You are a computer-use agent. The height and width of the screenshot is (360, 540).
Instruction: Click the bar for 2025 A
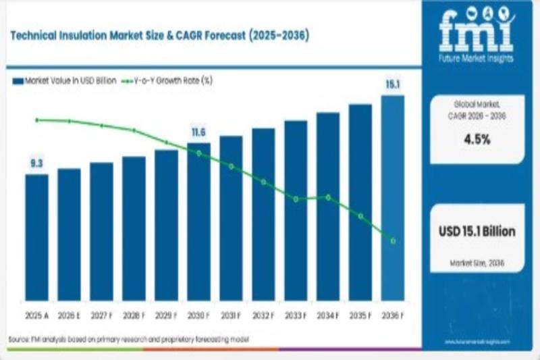[37, 237]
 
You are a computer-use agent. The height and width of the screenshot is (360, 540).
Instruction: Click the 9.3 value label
[36, 163]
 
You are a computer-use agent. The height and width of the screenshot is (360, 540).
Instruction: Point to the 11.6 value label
[198, 132]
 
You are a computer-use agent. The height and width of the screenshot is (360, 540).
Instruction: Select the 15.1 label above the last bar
[393, 84]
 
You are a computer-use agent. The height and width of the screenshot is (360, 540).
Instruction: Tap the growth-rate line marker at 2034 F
[328, 197]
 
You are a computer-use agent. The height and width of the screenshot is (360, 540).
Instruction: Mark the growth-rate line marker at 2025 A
[37, 120]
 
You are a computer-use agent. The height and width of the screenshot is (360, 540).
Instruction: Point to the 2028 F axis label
[134, 315]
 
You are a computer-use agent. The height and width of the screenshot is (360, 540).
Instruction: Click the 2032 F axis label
[263, 315]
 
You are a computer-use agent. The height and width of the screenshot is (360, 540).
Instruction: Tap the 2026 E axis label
[69, 315]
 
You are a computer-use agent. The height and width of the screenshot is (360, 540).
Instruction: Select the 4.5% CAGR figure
[477, 140]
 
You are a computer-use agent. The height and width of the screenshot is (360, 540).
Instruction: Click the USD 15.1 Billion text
[477, 232]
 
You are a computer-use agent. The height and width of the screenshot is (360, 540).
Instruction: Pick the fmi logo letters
[477, 31]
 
